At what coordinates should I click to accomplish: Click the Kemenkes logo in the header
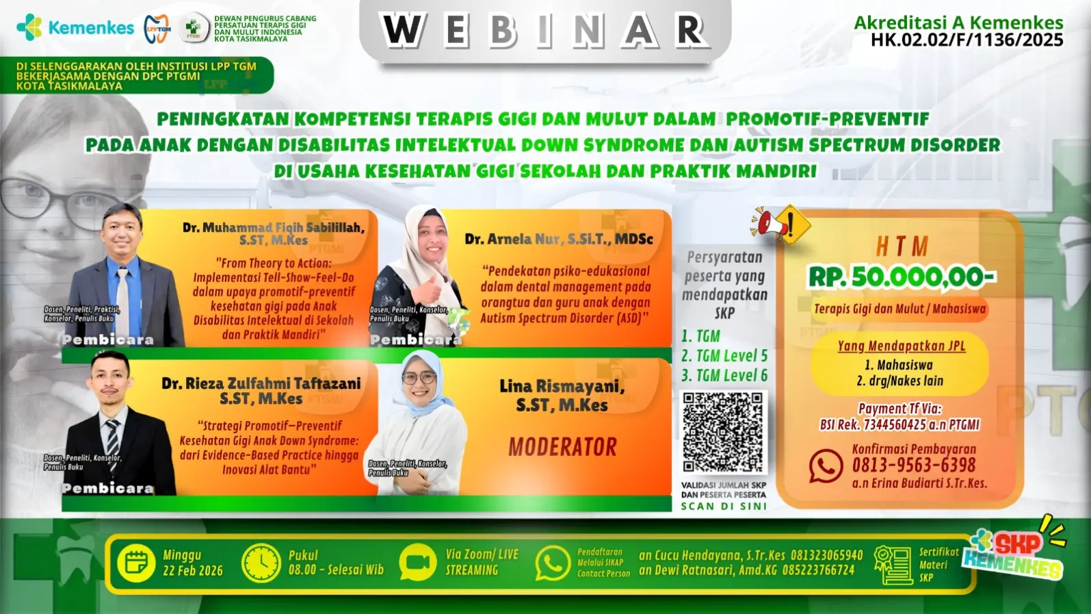click(x=75, y=27)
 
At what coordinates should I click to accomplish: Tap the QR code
click(x=723, y=432)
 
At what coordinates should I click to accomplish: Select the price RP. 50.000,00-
click(x=902, y=277)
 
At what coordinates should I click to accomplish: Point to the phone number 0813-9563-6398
click(x=914, y=466)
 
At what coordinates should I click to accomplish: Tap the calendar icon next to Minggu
click(x=136, y=563)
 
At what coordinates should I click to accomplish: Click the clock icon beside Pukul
click(x=261, y=563)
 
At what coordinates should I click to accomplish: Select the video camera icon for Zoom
click(x=417, y=563)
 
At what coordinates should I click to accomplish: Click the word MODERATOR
click(x=562, y=447)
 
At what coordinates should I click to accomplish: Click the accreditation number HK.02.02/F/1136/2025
click(x=967, y=40)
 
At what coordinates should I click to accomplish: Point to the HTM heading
click(x=902, y=246)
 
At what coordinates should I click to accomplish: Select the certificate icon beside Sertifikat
click(x=893, y=565)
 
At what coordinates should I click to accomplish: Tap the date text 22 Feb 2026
click(x=193, y=571)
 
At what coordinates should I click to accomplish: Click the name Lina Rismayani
click(x=562, y=387)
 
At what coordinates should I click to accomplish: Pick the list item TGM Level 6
click(x=724, y=376)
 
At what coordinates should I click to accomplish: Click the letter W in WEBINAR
click(x=402, y=31)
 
